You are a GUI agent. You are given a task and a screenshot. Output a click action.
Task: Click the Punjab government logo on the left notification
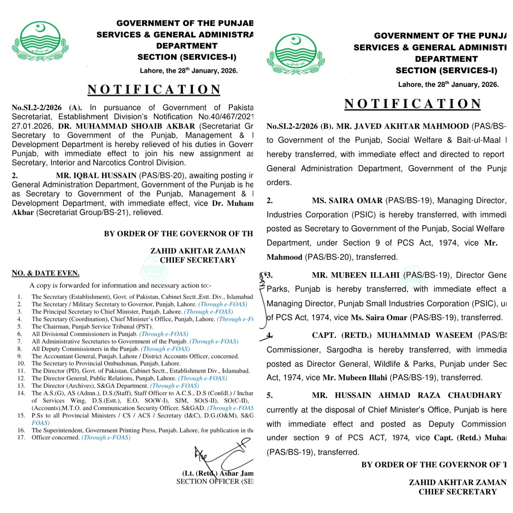click(40, 41)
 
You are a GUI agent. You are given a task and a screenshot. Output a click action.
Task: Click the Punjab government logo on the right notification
click(296, 54)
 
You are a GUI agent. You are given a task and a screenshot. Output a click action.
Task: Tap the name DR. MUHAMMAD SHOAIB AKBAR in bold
click(126, 126)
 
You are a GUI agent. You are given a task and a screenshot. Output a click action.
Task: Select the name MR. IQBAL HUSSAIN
click(96, 176)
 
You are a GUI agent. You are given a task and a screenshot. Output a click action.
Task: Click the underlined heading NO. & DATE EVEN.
click(45, 273)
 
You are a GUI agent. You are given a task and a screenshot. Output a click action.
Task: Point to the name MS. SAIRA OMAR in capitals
click(347, 200)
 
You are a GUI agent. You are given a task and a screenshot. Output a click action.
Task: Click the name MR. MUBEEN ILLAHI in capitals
click(355, 275)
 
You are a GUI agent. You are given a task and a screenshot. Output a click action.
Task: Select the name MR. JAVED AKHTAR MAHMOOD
click(403, 126)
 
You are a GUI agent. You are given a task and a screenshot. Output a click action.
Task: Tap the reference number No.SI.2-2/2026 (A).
click(47, 107)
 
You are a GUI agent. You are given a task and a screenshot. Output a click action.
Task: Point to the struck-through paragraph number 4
click(269, 335)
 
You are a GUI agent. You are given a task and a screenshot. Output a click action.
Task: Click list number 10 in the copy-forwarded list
click(21, 363)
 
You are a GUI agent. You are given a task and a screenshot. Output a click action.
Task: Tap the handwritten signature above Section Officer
click(223, 456)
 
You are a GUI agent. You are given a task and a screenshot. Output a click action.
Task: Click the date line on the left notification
click(189, 71)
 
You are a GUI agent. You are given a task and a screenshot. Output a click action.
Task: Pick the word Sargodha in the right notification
click(344, 350)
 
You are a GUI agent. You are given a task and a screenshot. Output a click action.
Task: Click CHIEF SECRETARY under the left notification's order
click(198, 260)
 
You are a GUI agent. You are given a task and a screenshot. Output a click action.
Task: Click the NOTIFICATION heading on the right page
click(412, 104)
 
